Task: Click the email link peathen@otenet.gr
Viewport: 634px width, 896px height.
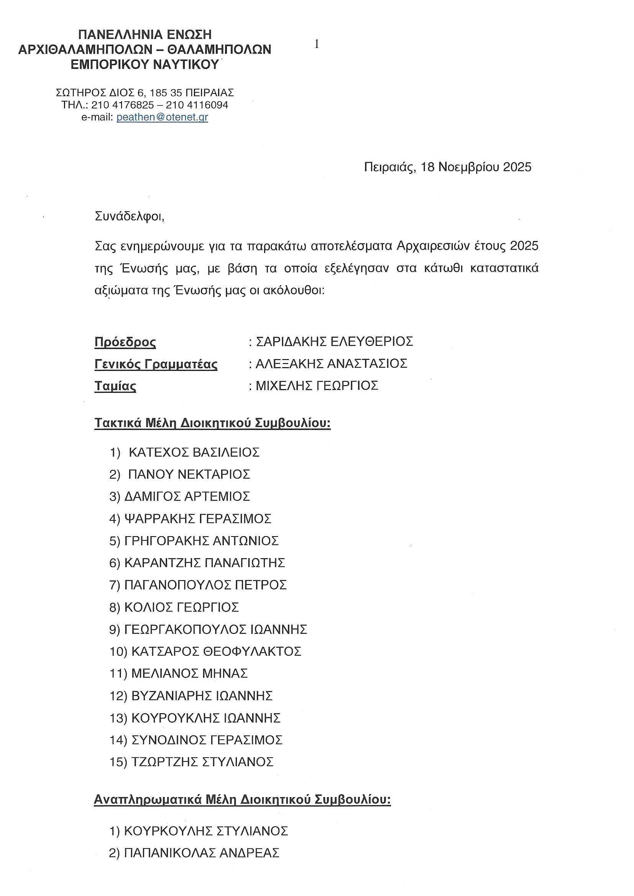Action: tap(162, 117)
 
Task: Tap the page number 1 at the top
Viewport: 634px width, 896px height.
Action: tap(317, 44)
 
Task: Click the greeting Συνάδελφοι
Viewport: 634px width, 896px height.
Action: tap(130, 216)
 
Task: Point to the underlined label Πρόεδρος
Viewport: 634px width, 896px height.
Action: tap(125, 342)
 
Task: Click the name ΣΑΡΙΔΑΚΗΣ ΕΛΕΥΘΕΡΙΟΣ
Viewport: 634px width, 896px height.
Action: tap(334, 342)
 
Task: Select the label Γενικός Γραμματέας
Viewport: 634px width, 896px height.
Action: tap(156, 364)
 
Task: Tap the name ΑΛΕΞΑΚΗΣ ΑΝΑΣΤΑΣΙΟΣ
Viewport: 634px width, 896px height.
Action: tap(331, 364)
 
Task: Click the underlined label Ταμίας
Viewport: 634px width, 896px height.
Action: tap(115, 386)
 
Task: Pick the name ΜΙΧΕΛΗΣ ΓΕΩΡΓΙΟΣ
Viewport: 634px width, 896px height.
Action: tap(317, 386)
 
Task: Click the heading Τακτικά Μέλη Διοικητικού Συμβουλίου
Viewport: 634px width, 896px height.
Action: tap(212, 423)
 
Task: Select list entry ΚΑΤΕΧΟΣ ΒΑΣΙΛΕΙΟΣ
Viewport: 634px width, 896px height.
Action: tap(194, 453)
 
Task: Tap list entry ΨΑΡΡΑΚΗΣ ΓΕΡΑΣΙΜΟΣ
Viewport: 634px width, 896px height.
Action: tap(197, 519)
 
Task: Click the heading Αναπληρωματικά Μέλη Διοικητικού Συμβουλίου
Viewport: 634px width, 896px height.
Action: tap(242, 799)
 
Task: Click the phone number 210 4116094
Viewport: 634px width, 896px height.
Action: tap(197, 105)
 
